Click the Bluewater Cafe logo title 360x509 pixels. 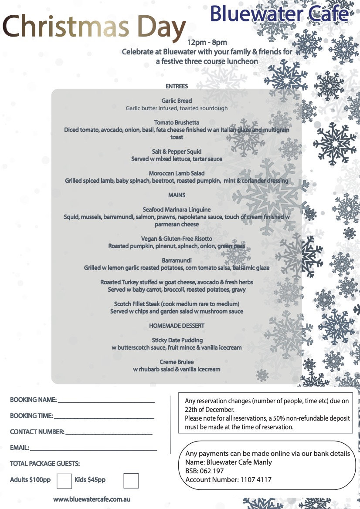279,14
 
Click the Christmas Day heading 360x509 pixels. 94,26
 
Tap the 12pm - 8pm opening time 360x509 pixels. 207,42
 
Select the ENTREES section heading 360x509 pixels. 177,86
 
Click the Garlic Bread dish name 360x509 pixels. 177,101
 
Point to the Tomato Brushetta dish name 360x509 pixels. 177,122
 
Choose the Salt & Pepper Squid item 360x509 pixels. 177,152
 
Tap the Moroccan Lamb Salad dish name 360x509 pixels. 177,173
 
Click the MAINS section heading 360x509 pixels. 177,195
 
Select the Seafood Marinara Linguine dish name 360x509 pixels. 177,209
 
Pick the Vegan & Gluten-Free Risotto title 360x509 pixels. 177,239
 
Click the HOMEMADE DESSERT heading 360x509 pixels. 177,326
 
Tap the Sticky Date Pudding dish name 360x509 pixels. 177,340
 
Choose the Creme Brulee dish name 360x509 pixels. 177,362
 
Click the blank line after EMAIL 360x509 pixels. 93,448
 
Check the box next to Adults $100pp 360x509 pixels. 65,481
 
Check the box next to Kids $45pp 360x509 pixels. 131,481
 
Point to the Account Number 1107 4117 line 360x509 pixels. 228,480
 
